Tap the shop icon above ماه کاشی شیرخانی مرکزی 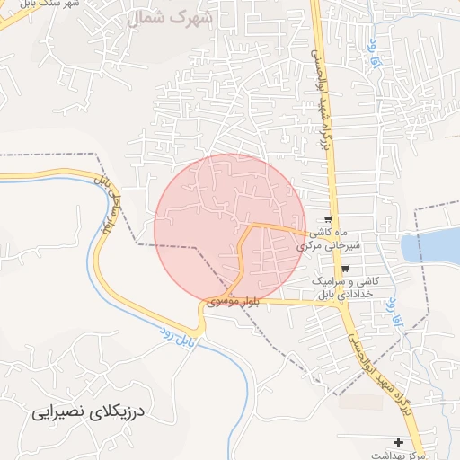pyautogui.click(x=329, y=219)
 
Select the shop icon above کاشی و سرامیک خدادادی pyautogui.click(x=345, y=269)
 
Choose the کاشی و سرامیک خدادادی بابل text pyautogui.click(x=347, y=287)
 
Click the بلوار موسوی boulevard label pyautogui.click(x=233, y=302)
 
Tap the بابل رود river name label pyautogui.click(x=178, y=337)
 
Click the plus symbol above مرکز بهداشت pyautogui.click(x=399, y=442)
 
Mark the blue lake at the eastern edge pyautogui.click(x=431, y=245)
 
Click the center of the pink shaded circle pyautogui.click(x=230, y=228)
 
